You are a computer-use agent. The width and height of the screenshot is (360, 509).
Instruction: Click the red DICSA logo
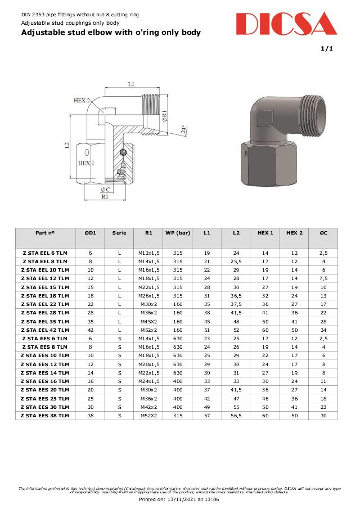(x=286, y=24)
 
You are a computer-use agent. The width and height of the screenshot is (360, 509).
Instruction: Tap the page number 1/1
(x=327, y=49)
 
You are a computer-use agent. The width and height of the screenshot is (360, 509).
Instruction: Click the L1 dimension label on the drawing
(x=131, y=84)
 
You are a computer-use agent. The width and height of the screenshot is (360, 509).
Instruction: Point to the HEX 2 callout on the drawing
(x=82, y=101)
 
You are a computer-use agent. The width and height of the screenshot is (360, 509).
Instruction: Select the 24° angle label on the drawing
(x=183, y=130)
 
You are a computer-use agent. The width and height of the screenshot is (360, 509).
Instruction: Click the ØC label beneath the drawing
(x=105, y=190)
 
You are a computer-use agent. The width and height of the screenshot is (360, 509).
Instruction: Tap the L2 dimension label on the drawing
(x=67, y=146)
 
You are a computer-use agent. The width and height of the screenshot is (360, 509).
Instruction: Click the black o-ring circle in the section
(x=123, y=152)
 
